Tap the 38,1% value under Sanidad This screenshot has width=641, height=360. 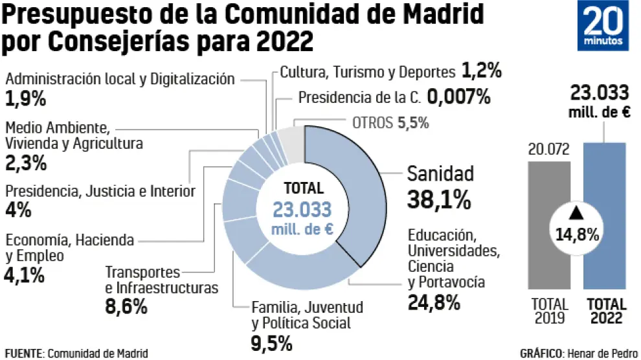click(x=438, y=199)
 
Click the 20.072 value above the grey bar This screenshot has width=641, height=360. click(x=548, y=150)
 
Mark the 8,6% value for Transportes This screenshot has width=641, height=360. click(x=126, y=306)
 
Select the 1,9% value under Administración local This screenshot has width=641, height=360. click(x=25, y=99)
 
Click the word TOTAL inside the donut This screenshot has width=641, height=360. click(x=303, y=188)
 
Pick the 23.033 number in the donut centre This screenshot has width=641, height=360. click(x=302, y=209)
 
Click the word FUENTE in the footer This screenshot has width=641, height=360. click(x=23, y=354)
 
